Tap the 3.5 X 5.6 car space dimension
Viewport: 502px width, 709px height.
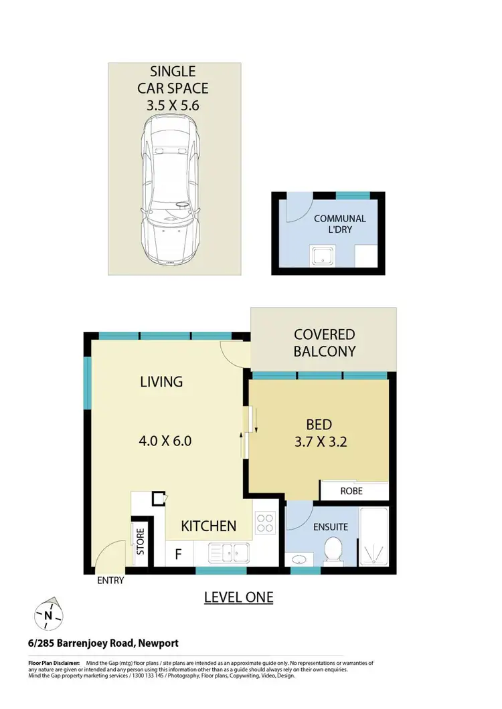(173, 105)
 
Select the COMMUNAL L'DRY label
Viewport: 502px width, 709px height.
(339, 224)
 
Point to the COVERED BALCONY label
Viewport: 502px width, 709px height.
(325, 342)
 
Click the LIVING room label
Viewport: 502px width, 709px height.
(161, 382)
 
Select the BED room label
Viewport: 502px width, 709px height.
(319, 425)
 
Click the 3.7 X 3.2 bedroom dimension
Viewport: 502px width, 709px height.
(319, 441)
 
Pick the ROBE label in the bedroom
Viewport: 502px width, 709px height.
(351, 490)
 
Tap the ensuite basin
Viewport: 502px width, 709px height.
(299, 559)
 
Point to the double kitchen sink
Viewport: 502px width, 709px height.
(229, 552)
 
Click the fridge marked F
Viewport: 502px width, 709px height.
(178, 554)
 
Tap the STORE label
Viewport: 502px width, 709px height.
(141, 542)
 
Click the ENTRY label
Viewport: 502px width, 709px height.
(110, 581)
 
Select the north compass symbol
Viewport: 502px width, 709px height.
(48, 613)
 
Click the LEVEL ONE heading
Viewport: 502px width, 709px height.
(238, 597)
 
